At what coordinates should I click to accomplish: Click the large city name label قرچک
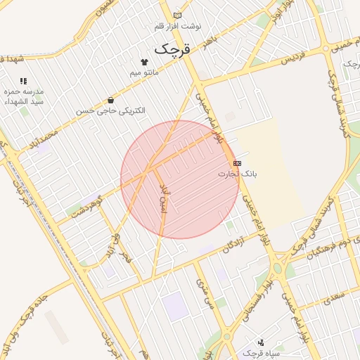click(x=172, y=49)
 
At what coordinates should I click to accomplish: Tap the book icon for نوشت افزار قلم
click(x=177, y=15)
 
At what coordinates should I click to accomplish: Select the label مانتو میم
click(x=145, y=72)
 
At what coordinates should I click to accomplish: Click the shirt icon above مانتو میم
click(x=145, y=62)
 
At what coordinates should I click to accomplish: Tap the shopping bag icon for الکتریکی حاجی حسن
click(x=111, y=100)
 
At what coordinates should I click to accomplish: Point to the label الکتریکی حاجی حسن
click(x=111, y=110)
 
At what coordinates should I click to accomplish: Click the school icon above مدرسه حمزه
click(x=24, y=82)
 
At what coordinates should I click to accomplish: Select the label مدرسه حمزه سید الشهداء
click(x=30, y=96)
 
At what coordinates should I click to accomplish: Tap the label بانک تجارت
click(x=238, y=173)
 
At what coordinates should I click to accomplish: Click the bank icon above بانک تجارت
click(x=237, y=163)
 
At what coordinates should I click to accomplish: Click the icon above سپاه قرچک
click(x=262, y=341)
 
